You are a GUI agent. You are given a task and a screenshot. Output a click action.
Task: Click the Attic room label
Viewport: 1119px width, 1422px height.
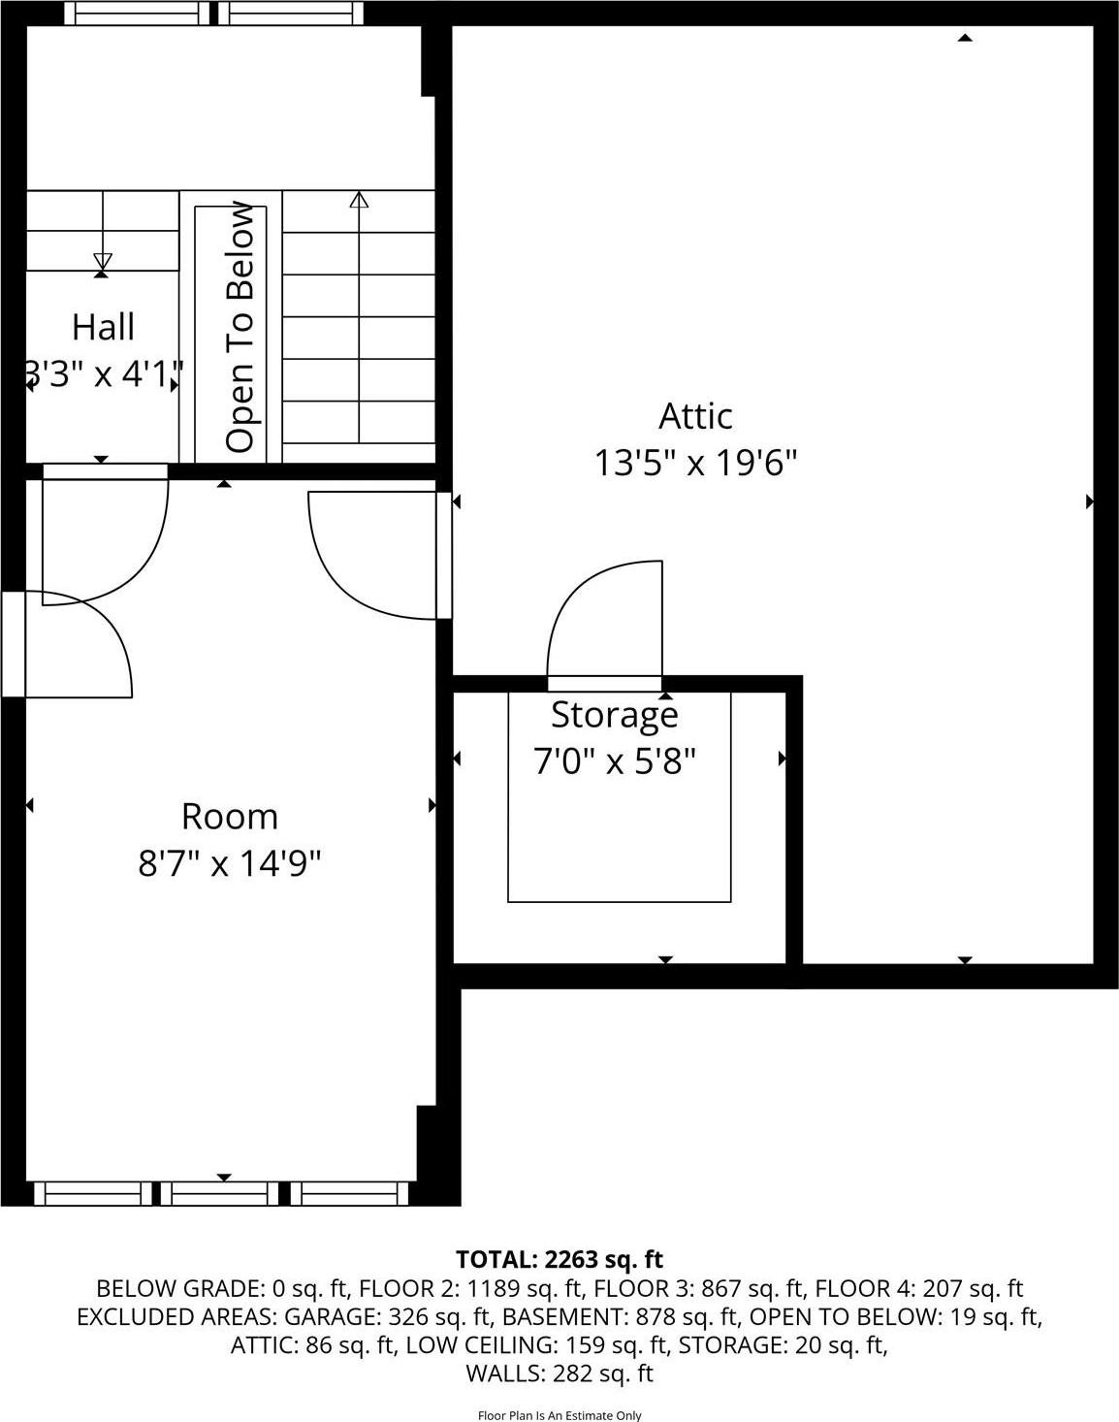(x=695, y=416)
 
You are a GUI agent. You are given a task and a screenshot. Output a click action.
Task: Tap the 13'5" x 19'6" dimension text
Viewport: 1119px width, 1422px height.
(x=695, y=464)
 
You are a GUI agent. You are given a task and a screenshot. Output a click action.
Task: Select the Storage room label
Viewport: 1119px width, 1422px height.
(x=615, y=715)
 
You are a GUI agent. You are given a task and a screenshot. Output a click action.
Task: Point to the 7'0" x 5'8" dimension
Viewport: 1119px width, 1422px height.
(x=615, y=761)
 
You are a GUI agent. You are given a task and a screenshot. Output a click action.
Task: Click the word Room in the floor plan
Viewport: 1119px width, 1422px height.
(x=230, y=817)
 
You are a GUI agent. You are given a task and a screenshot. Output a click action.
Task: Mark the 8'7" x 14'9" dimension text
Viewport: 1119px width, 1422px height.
(x=230, y=862)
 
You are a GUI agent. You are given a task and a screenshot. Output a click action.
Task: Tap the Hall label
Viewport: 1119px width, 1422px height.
(x=103, y=328)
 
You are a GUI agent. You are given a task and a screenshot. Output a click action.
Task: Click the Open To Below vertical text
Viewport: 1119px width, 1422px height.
(x=240, y=327)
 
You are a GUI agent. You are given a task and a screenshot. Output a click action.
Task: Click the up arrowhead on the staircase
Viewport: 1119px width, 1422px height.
(x=360, y=201)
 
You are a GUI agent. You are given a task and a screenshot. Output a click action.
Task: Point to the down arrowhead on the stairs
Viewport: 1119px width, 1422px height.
(x=102, y=261)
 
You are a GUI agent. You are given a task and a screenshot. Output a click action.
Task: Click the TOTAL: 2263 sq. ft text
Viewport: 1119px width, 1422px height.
(x=559, y=1259)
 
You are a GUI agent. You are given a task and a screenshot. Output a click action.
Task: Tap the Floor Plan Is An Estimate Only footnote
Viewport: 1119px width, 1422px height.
(x=559, y=1415)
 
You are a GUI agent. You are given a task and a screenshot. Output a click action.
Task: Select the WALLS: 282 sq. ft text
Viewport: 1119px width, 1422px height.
(x=559, y=1374)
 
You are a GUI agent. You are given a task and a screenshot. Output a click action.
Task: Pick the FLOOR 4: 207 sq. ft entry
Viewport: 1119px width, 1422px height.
(x=918, y=1288)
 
